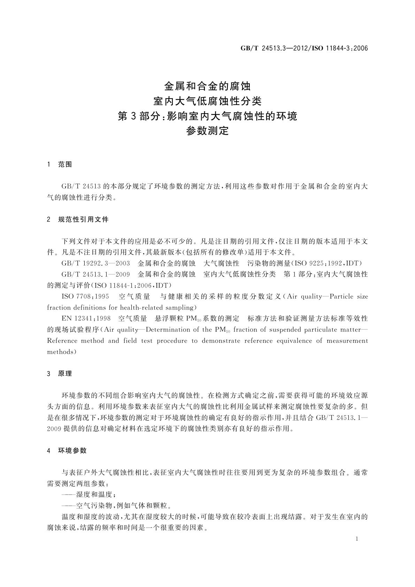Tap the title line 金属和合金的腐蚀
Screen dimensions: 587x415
[x=207, y=86]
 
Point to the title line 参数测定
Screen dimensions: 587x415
[x=207, y=131]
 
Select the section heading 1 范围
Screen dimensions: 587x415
[x=60, y=165]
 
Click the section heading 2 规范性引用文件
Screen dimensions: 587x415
[x=78, y=220]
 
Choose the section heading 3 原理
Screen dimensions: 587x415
[x=60, y=374]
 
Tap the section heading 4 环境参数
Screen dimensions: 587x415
[x=67, y=451]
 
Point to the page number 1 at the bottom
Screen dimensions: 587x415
[x=357, y=539]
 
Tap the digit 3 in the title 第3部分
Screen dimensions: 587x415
[x=134, y=116]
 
